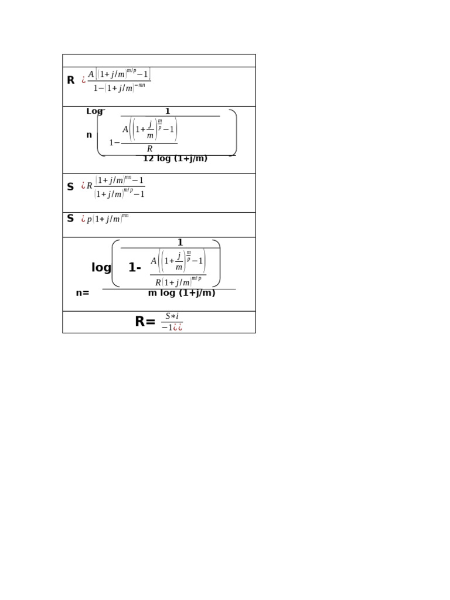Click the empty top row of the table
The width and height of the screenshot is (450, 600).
point(159,60)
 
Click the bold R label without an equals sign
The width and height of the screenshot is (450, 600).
point(70,80)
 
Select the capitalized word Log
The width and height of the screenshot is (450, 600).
point(94,111)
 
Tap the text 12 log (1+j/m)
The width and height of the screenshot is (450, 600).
point(175,158)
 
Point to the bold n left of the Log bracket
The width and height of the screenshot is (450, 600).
point(89,135)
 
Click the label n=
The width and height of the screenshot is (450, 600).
point(83,293)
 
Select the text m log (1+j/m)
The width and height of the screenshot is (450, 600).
point(182,293)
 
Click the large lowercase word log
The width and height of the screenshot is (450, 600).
point(101,268)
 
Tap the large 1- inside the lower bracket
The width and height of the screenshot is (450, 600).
point(135,268)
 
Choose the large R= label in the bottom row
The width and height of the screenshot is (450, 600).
point(145,322)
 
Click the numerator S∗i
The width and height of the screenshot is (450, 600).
point(172,316)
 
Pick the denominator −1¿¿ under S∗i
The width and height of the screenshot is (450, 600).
point(172,328)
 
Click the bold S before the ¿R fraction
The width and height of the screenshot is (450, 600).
point(70,187)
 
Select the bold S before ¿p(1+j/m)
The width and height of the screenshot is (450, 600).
point(70,219)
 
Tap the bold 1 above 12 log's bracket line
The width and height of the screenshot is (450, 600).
point(168,111)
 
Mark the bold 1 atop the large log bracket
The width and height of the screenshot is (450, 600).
point(180,243)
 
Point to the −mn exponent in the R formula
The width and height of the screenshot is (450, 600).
point(141,86)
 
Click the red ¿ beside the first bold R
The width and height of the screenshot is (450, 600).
point(84,80)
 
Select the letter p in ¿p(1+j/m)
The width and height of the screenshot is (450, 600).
point(90,220)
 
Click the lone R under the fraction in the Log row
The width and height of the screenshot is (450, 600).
point(149,149)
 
